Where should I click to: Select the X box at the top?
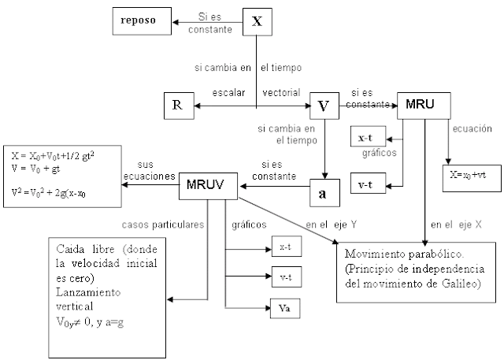pyautogui.click(x=257, y=21)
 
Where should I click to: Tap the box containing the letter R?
pyautogui.click(x=177, y=105)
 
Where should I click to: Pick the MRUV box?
pyautogui.click(x=209, y=187)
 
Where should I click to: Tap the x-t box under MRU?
pyautogui.click(x=365, y=137)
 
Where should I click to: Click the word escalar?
pyautogui.click(x=228, y=93)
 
